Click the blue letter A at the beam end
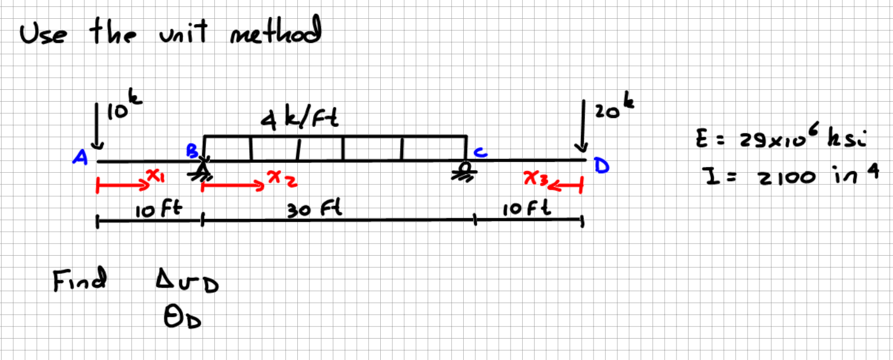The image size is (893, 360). coord(80,157)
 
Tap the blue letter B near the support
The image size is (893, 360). coord(192,151)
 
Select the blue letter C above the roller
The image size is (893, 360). coord(480,152)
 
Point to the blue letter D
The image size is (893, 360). coord(601,166)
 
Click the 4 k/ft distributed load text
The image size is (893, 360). coord(299,118)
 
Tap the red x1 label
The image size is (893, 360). coord(155,175)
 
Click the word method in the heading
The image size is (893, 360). coord(275,31)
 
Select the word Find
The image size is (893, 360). coord(80,280)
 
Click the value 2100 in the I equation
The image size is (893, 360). coord(787,177)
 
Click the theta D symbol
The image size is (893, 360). coord(182,317)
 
